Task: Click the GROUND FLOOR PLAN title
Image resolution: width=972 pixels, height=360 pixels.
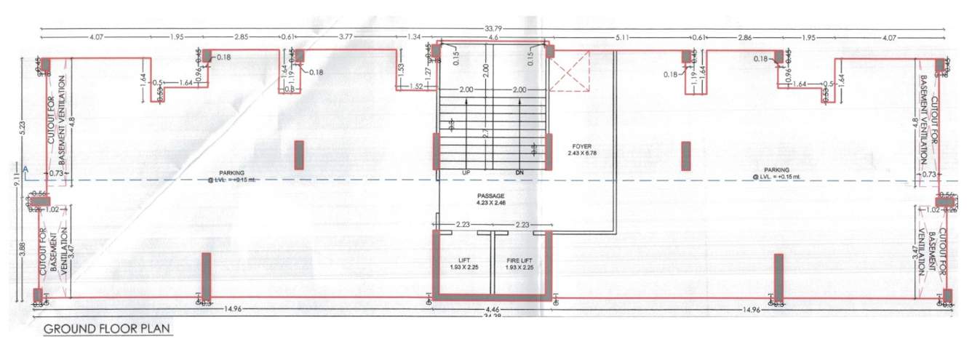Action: coord(107,329)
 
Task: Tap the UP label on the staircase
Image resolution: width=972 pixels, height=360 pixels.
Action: coord(466,172)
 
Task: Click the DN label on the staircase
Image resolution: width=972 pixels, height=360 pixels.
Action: coord(520,172)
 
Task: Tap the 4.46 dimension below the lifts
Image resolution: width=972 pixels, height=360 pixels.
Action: coord(493,308)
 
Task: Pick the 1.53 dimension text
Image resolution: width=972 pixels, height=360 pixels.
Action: coord(401,69)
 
